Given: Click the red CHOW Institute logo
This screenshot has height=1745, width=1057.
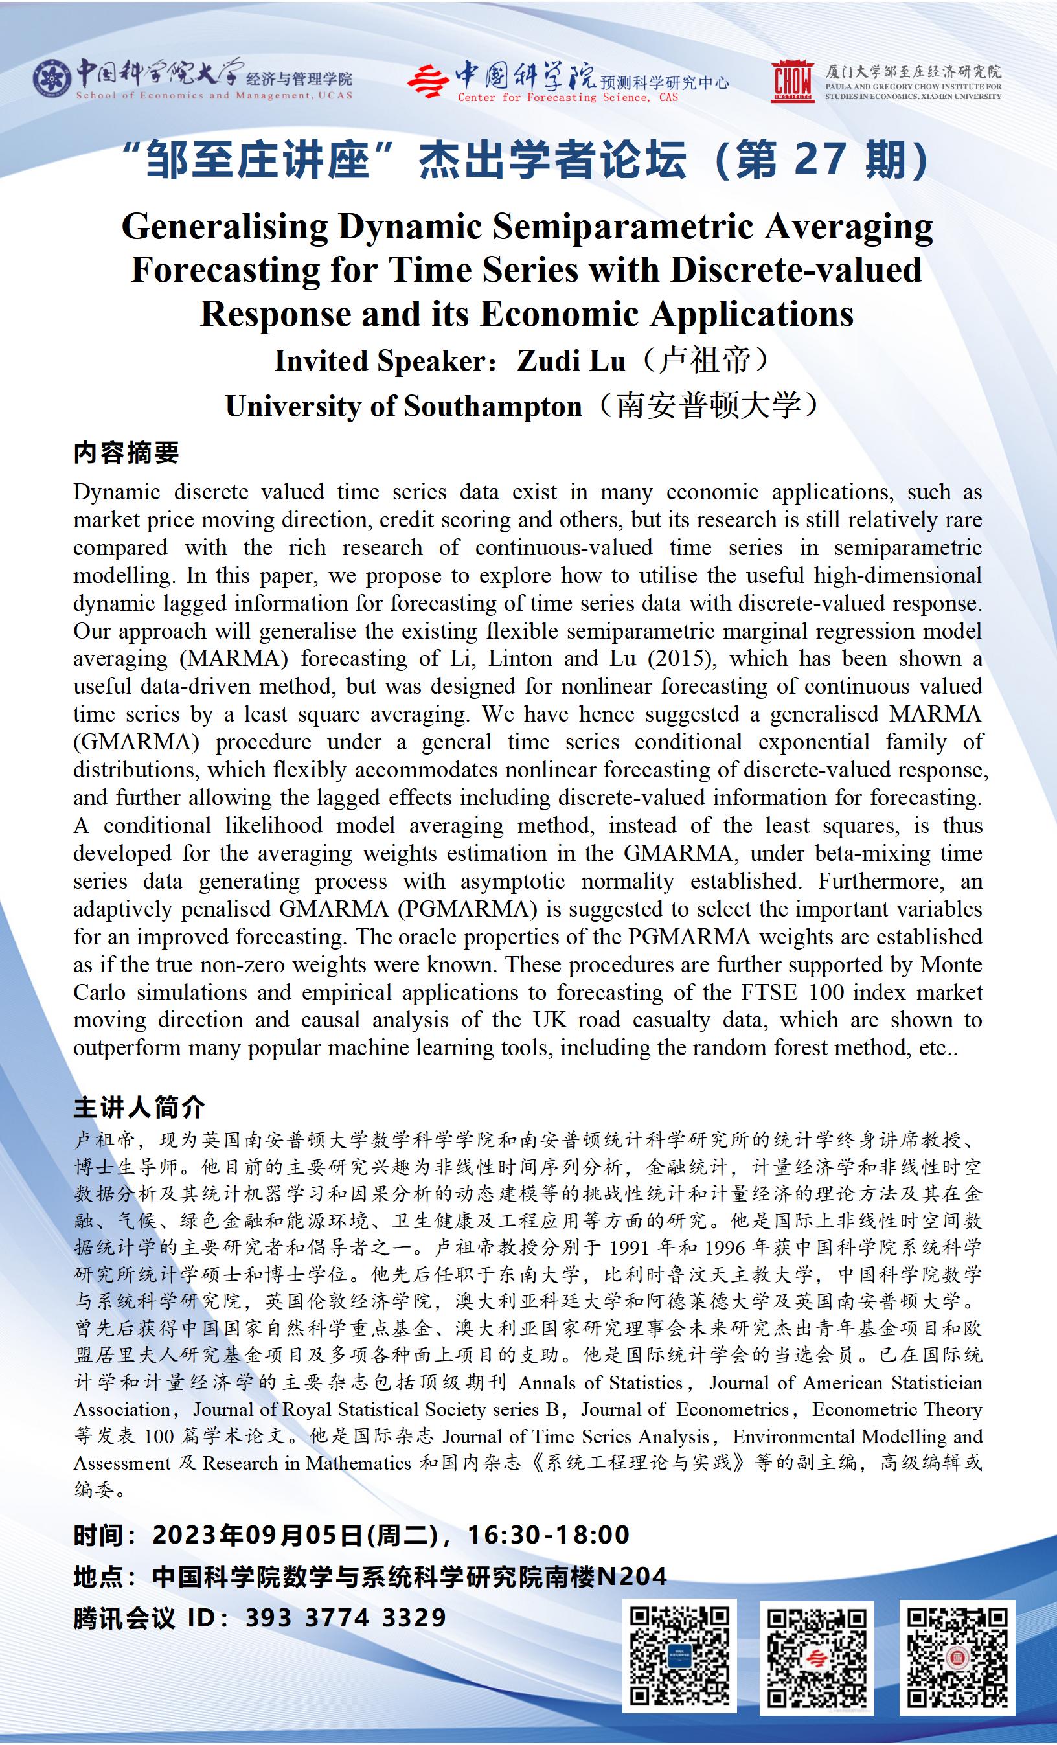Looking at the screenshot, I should tap(793, 82).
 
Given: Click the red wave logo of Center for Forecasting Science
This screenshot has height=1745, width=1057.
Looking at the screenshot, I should tap(427, 81).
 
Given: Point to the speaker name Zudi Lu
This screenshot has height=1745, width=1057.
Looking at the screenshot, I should tap(571, 361).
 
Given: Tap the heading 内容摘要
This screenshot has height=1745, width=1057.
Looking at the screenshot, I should tap(126, 453).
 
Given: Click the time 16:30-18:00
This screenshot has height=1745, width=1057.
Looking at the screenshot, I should tap(549, 1534).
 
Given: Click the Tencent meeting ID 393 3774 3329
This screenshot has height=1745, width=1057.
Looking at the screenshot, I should tap(345, 1618).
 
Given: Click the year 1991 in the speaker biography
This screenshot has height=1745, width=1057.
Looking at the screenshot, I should tap(630, 1247).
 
